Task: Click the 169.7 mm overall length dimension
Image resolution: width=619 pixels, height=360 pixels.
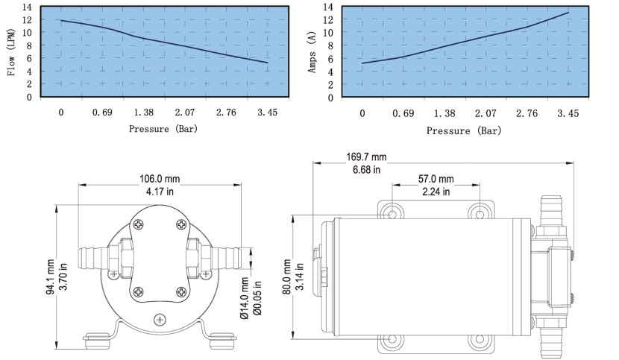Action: point(366,157)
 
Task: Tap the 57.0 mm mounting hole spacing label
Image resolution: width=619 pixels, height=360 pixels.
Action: point(436,179)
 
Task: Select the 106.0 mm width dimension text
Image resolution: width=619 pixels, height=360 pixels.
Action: point(160,179)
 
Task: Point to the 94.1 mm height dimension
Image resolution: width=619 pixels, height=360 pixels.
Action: point(51,277)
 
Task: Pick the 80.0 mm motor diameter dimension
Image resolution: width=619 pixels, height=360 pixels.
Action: point(287,277)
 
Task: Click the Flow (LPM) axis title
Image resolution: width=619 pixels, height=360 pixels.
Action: point(11,52)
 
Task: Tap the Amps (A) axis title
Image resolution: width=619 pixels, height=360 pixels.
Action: point(312,52)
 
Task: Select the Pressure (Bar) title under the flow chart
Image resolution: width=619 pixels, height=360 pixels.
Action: point(163,129)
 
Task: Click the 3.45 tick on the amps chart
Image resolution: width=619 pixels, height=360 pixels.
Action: point(568,114)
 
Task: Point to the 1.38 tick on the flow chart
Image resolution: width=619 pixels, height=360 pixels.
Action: point(144,113)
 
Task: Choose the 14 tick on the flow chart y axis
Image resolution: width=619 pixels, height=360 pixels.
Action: point(27,7)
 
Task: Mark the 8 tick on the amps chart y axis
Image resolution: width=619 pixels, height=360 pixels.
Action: point(330,45)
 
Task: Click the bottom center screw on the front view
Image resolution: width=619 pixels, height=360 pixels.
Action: point(160,319)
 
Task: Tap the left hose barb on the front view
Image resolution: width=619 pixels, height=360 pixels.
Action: point(93,258)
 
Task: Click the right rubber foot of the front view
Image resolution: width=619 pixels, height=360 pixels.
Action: point(223,341)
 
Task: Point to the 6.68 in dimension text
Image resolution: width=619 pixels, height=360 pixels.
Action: point(366,170)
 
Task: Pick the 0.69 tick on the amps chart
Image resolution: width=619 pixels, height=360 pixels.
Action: point(403,114)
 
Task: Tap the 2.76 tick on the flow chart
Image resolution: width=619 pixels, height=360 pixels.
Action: point(226,113)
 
